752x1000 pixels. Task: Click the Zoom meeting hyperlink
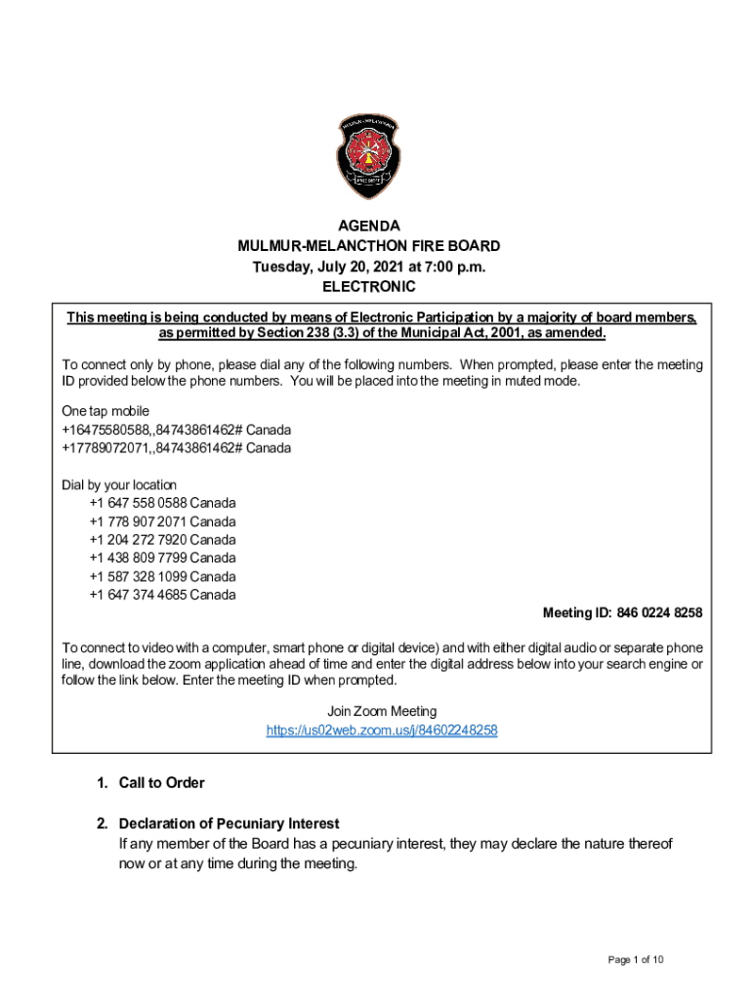[x=382, y=730]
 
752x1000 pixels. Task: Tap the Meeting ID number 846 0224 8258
[x=660, y=613]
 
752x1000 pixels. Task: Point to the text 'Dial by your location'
[x=120, y=484]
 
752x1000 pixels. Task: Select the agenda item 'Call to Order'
[x=161, y=783]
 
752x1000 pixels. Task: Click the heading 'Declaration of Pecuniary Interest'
[x=229, y=824]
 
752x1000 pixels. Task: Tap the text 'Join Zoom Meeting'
[x=382, y=711]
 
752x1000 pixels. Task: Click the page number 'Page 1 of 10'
[x=636, y=961]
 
